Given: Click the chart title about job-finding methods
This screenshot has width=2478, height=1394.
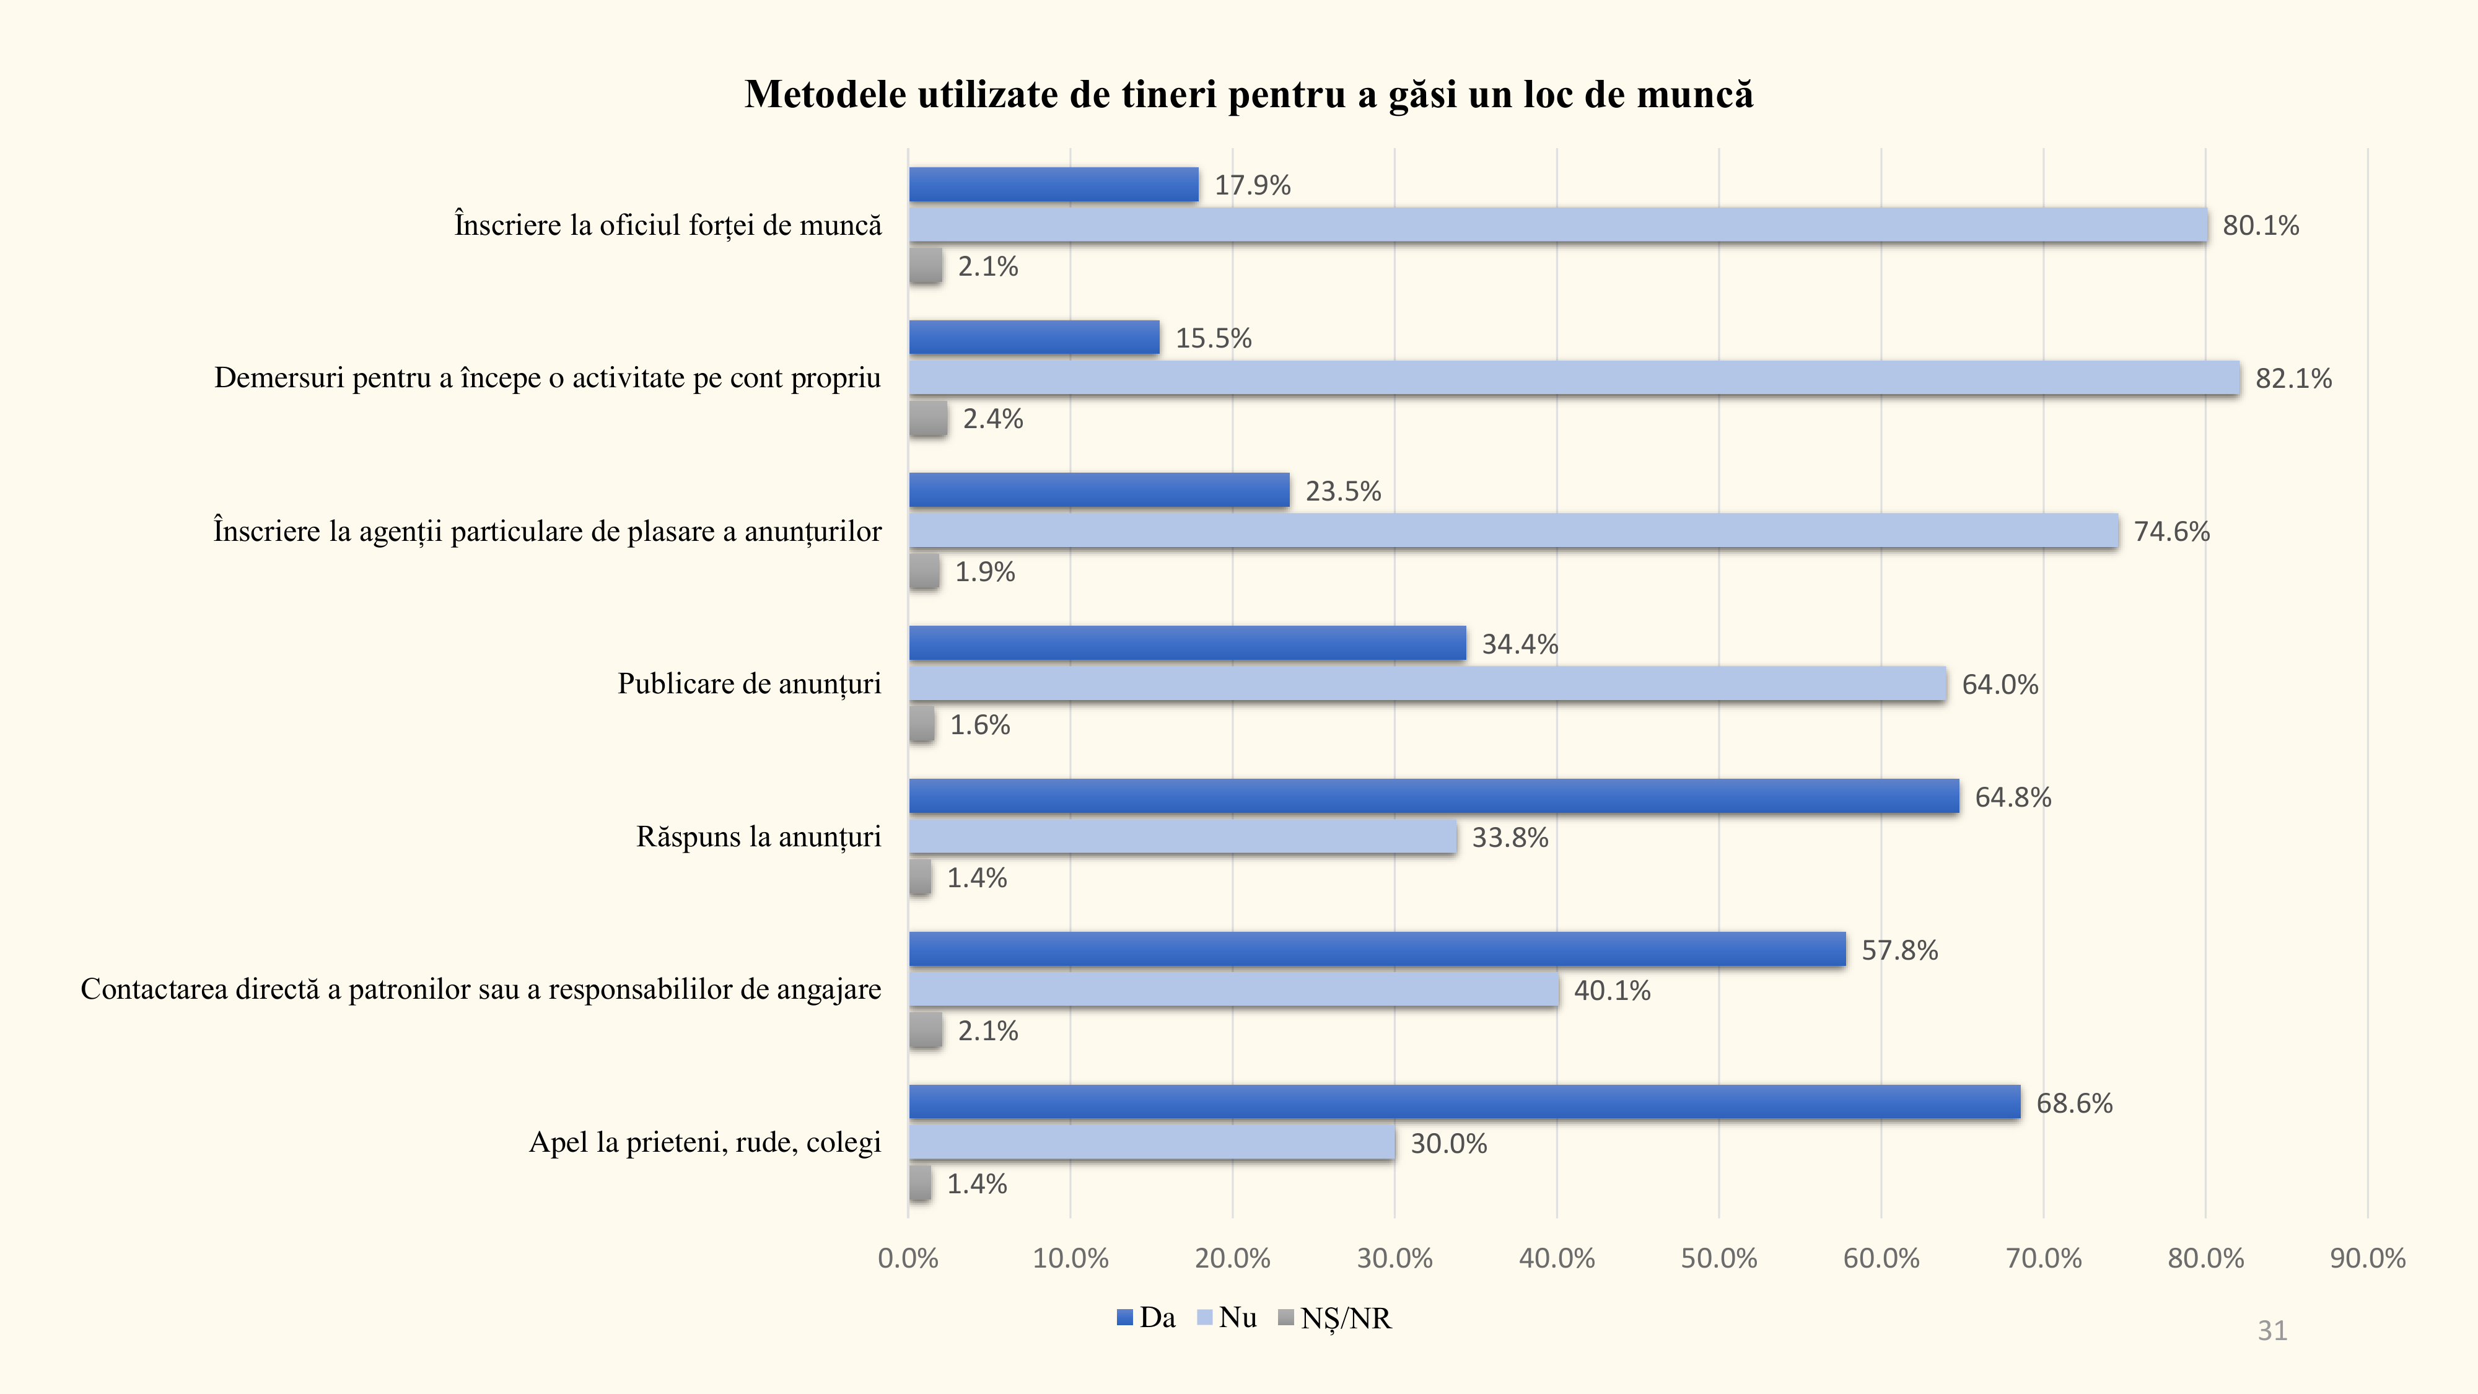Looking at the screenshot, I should pyautogui.click(x=1249, y=94).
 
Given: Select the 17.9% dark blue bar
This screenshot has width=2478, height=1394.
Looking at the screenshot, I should pyautogui.click(x=1053, y=185).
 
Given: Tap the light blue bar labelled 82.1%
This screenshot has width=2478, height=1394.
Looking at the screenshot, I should pyautogui.click(x=1574, y=378).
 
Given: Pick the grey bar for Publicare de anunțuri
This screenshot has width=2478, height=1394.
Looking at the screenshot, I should pyautogui.click(x=922, y=724).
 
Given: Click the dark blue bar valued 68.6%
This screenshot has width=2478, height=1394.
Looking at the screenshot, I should pyautogui.click(x=1464, y=1103).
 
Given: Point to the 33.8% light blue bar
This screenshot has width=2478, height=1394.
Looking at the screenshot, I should pyautogui.click(x=1182, y=837).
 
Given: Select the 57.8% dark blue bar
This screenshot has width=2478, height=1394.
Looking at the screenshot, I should pyautogui.click(x=1377, y=950).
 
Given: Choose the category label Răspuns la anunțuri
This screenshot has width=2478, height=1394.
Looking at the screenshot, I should pyautogui.click(x=758, y=837).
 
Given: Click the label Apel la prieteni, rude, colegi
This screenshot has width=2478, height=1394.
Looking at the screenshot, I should pyautogui.click(x=704, y=1143).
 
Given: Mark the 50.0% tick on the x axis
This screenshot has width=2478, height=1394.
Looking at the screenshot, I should pyautogui.click(x=1718, y=1258).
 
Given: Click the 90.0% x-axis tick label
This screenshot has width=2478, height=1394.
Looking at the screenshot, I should pyautogui.click(x=2366, y=1258).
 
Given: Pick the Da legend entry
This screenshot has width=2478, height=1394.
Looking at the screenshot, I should pyautogui.click(x=1147, y=1318).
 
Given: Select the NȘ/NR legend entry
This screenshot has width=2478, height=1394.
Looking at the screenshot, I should pyautogui.click(x=1335, y=1318).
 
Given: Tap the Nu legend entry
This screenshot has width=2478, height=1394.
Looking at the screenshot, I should pyautogui.click(x=1227, y=1318).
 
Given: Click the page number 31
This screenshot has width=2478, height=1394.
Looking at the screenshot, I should pyautogui.click(x=2272, y=1331).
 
